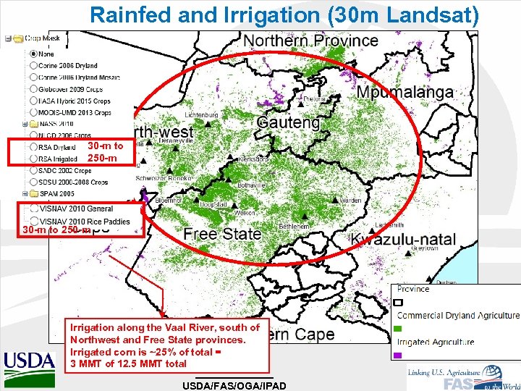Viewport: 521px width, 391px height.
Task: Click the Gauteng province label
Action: point(288,122)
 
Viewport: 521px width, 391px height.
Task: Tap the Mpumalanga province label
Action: point(404,92)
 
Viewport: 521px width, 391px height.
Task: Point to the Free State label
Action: point(221,234)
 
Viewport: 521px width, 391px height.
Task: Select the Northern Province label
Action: point(311,41)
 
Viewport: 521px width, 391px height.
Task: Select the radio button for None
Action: point(34,54)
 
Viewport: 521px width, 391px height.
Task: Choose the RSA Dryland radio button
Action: point(34,148)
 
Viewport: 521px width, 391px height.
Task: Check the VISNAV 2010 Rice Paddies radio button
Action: point(34,222)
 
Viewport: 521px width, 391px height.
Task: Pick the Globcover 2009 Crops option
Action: point(34,89)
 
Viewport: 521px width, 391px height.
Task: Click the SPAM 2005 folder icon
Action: point(27,195)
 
